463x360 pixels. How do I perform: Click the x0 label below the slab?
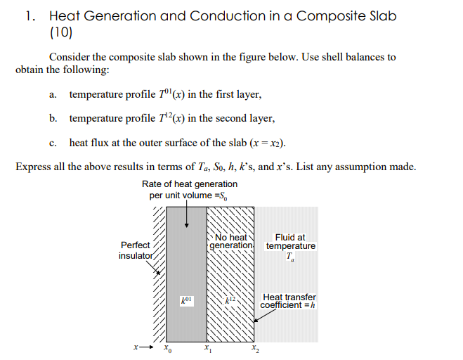tap(167, 348)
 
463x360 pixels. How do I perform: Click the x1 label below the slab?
tap(207, 348)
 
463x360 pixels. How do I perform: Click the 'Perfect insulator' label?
tap(136, 250)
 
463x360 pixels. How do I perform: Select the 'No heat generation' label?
tap(231, 241)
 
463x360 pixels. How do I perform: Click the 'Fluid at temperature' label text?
tap(290, 242)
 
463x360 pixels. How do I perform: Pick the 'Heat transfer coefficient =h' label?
tap(289, 301)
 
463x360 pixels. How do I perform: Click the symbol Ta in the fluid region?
tap(290, 258)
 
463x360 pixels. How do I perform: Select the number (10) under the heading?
tap(61, 32)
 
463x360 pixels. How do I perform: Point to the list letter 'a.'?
tap(53, 94)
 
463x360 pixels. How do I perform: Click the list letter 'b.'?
tap(53, 118)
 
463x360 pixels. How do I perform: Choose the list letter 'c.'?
tap(53, 143)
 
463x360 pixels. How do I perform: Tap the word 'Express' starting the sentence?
tap(33, 167)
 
